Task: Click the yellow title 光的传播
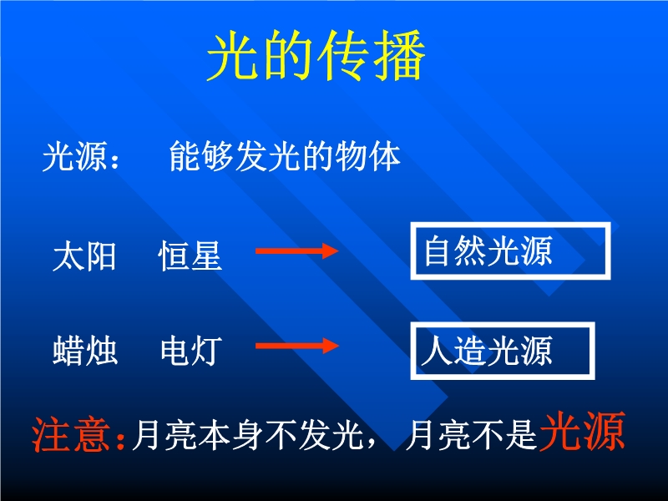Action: pos(316,55)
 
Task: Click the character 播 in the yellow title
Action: pos(399,55)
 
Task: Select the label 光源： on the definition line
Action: pos(81,156)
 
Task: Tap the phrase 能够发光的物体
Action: pos(285,156)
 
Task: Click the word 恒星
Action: pos(190,256)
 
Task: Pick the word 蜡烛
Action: pos(85,351)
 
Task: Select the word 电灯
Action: pos(191,351)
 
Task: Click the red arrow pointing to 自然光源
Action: pos(297,251)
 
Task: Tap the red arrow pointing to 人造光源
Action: pos(297,346)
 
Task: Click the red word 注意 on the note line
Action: pos(71,434)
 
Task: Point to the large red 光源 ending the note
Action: pos(582,432)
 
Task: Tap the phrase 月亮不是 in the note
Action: pos(471,435)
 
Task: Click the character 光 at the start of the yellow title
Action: pos(233,55)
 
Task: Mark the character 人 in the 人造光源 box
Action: pos(437,351)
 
